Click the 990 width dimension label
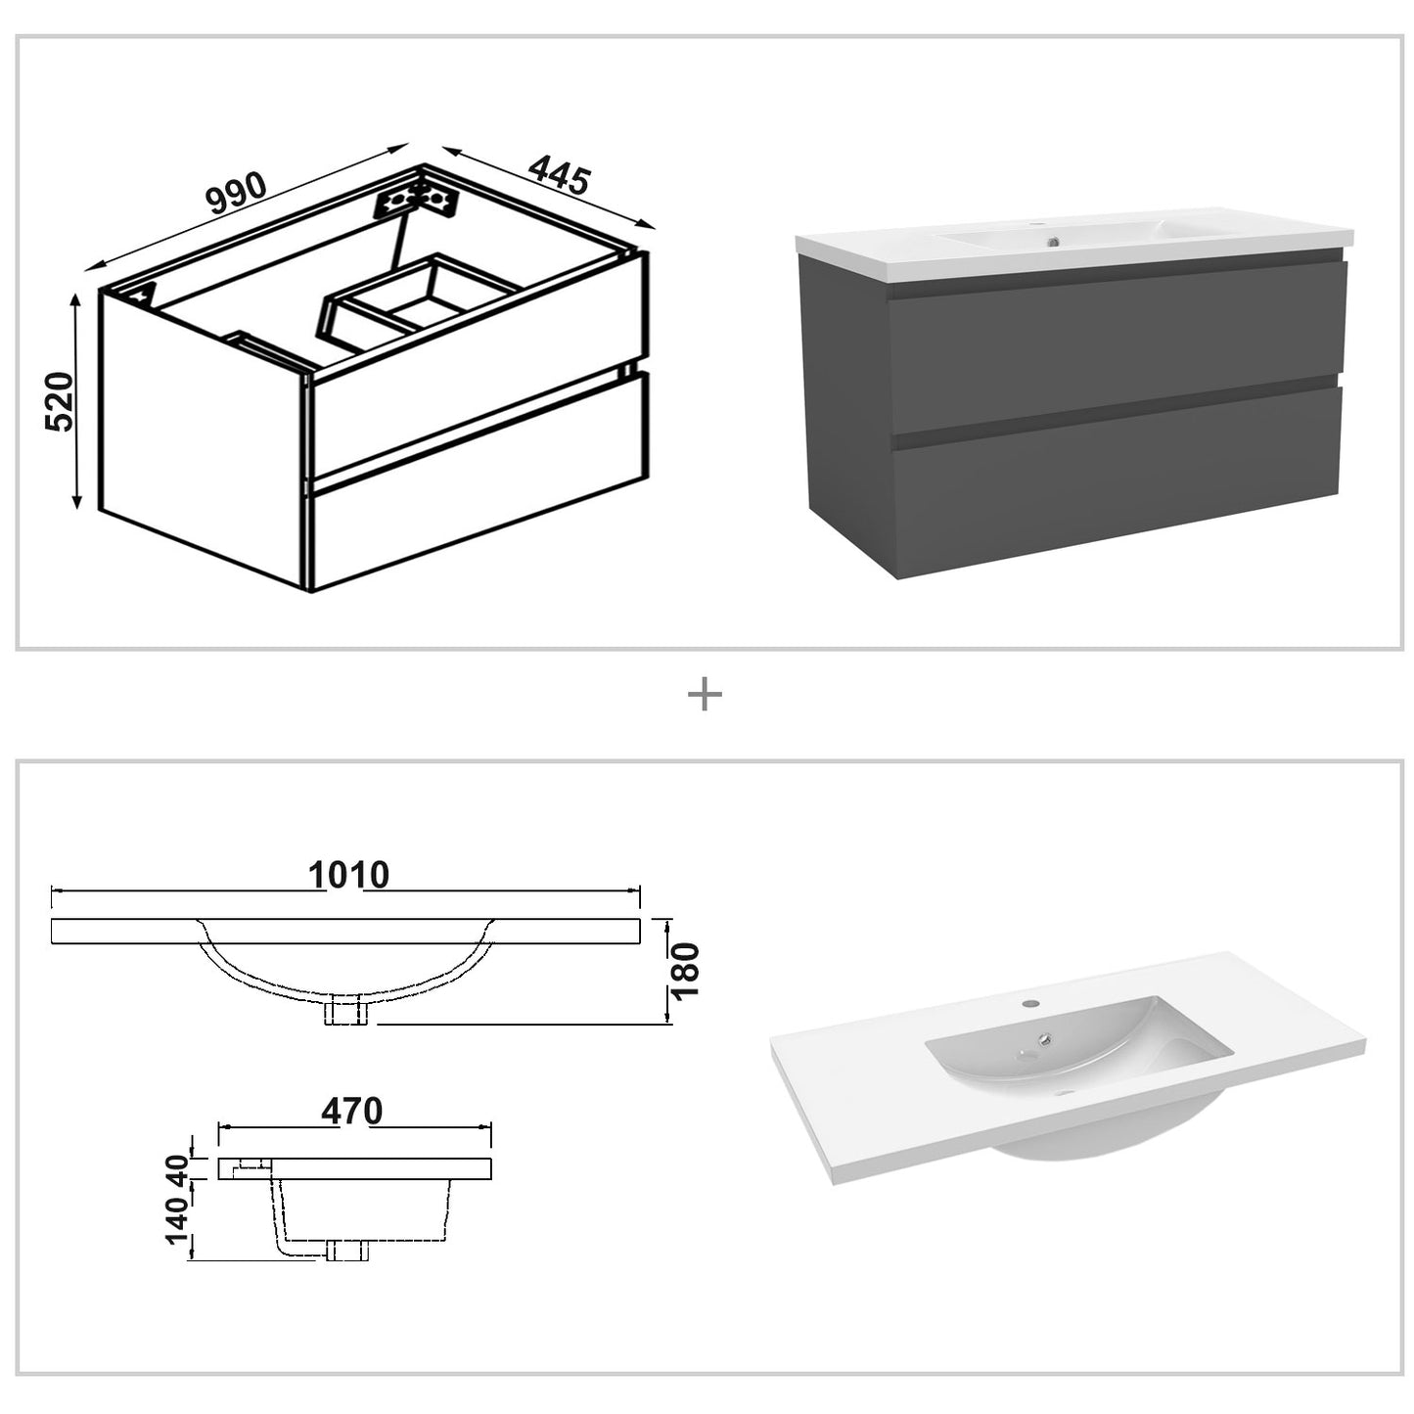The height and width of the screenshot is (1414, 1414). (236, 193)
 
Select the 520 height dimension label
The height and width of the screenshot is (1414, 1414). (59, 401)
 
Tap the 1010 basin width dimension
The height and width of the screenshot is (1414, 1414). (348, 874)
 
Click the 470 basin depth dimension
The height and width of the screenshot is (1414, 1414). (351, 1111)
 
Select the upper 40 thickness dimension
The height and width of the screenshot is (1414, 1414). (177, 1167)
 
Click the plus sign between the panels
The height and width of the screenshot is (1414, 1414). (705, 696)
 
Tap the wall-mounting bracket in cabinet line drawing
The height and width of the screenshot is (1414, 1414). (419, 201)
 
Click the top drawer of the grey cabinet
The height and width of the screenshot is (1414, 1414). (1116, 342)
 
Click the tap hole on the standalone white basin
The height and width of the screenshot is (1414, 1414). (1031, 1004)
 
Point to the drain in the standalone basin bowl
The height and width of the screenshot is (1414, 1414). (1046, 1041)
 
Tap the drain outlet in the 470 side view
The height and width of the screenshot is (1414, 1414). (347, 1250)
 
